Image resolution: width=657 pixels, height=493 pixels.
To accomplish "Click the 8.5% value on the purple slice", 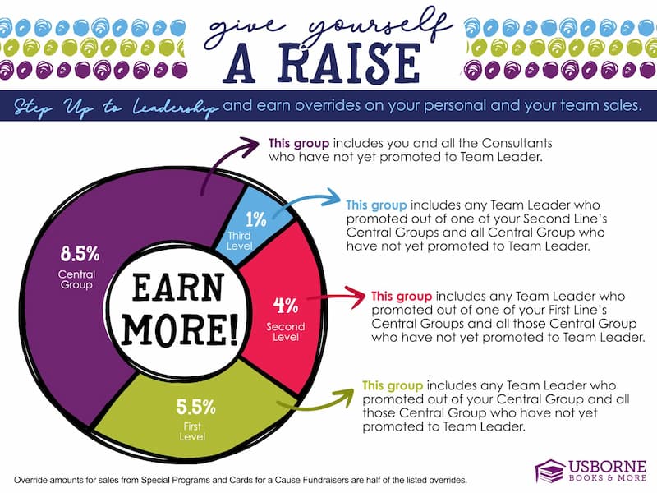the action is pyautogui.click(x=80, y=254).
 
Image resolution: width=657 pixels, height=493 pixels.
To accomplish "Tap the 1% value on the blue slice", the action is pyautogui.click(x=255, y=219).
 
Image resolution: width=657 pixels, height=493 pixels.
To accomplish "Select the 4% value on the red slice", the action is pyautogui.click(x=286, y=305).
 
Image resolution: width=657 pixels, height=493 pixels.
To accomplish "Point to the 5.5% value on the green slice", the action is pyautogui.click(x=195, y=407).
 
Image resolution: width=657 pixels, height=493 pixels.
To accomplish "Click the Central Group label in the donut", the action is pyautogui.click(x=76, y=279).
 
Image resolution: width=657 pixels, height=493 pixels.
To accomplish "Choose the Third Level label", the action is pyautogui.click(x=239, y=241).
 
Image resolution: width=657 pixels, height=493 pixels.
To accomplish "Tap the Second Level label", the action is pyautogui.click(x=285, y=332).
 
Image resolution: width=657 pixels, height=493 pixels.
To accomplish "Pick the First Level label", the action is pyautogui.click(x=192, y=431).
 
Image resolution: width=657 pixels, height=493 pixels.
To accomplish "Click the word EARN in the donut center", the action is pyautogui.click(x=177, y=288).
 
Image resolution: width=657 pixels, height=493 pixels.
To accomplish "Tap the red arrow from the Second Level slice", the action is pyautogui.click(x=336, y=297).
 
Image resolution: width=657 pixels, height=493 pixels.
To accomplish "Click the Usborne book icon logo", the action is pyautogui.click(x=550, y=471).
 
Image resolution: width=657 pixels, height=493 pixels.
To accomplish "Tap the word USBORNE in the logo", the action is pyautogui.click(x=607, y=467).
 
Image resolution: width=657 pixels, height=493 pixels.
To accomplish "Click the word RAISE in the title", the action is pyautogui.click(x=349, y=63).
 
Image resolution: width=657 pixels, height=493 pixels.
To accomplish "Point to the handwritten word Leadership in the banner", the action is pyautogui.click(x=175, y=108).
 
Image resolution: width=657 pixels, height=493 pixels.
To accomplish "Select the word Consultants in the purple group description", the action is pyautogui.click(x=517, y=143).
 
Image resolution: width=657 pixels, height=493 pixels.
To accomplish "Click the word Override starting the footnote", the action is pyautogui.click(x=30, y=480).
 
